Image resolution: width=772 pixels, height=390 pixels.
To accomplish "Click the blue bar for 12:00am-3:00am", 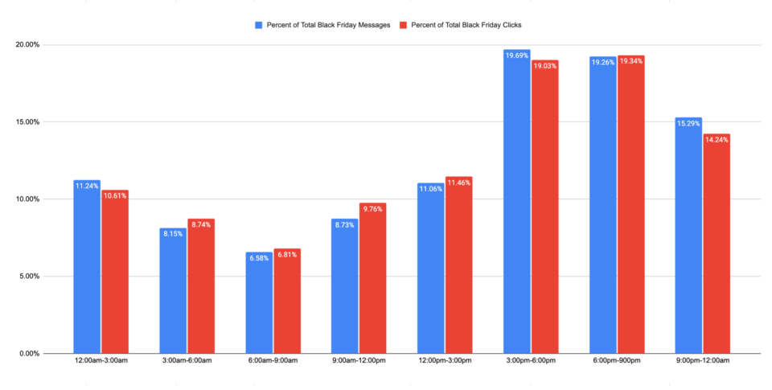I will (x=87, y=269).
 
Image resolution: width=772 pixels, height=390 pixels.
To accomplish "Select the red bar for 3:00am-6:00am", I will (x=201, y=289).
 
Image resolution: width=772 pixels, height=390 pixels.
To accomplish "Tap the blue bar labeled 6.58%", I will (x=259, y=306).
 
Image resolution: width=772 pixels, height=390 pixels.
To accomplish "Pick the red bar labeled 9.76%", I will (x=372, y=281).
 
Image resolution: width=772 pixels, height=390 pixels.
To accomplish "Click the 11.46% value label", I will (x=458, y=183).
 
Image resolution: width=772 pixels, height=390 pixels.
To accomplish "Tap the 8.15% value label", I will (x=173, y=234).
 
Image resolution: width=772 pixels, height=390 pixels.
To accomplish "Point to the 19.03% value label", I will (x=544, y=66).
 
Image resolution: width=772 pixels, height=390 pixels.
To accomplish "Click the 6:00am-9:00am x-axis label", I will (x=273, y=361).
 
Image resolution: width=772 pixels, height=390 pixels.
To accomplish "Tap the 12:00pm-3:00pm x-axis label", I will (x=445, y=361).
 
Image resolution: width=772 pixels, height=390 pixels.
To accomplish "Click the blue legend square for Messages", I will (x=259, y=25).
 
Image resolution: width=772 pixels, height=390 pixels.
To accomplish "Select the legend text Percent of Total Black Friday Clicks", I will (x=466, y=25).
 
